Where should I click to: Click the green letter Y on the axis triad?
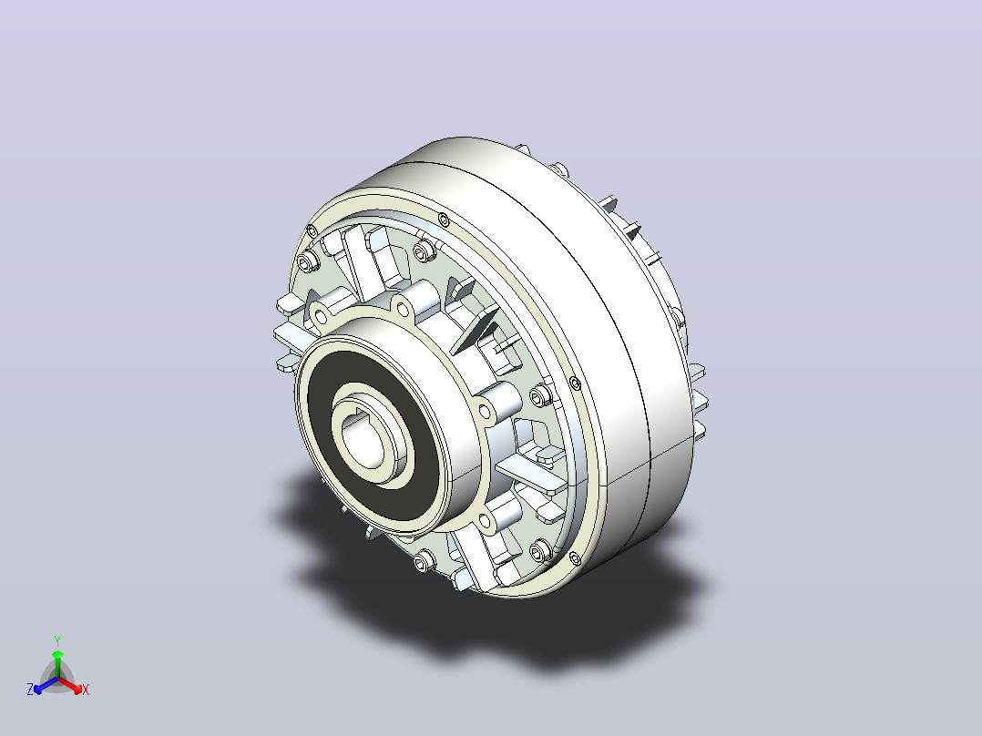(57, 640)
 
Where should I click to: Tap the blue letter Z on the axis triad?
(29, 690)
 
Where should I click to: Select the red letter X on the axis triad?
(86, 690)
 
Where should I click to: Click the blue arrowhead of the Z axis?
(38, 690)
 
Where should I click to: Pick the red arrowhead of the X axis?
(77, 690)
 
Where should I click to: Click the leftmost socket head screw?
(306, 261)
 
